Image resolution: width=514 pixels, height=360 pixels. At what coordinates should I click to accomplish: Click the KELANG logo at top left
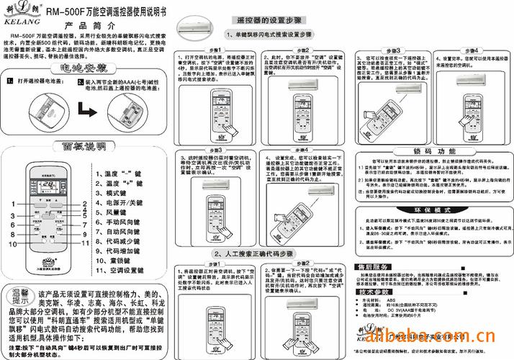[x=20, y=12]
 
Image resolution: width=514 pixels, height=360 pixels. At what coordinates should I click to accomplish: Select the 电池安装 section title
[x=84, y=68]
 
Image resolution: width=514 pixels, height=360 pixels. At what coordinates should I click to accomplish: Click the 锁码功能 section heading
[x=430, y=150]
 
